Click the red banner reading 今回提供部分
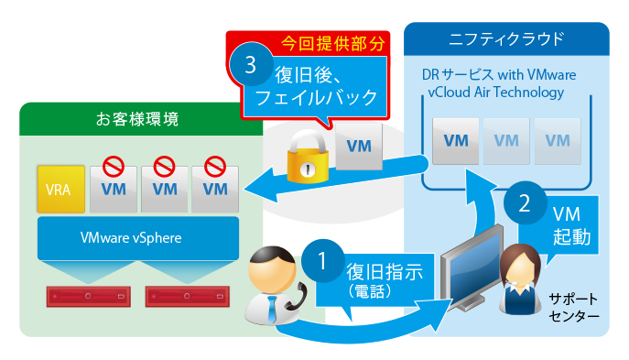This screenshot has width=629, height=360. point(321,42)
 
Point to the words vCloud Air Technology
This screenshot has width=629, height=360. point(494,93)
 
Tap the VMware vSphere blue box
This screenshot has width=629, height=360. point(137,238)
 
